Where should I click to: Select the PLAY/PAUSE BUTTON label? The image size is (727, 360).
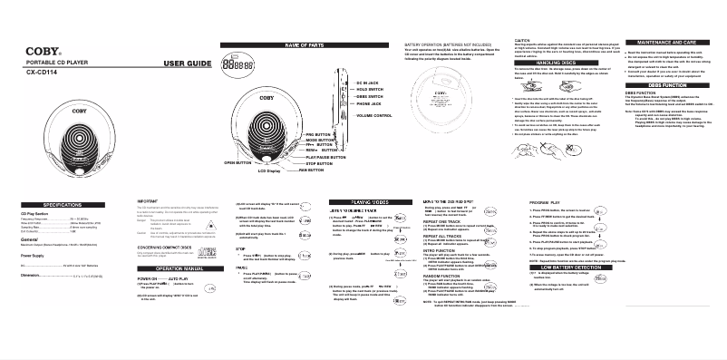322,156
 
